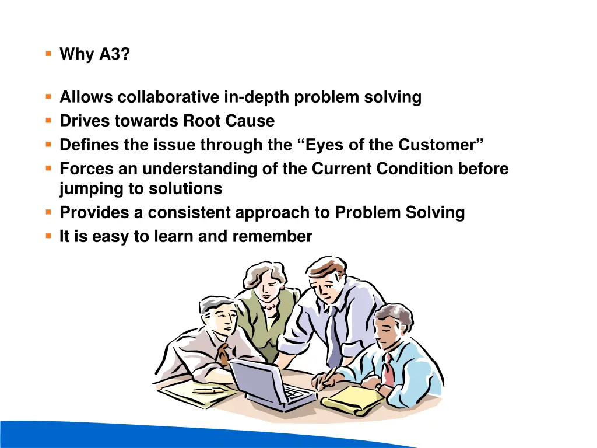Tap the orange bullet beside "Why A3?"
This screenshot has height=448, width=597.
48,54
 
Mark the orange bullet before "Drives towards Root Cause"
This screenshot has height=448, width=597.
48,121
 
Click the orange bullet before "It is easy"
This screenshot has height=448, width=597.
48,236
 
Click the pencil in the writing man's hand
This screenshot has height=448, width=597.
329,373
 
